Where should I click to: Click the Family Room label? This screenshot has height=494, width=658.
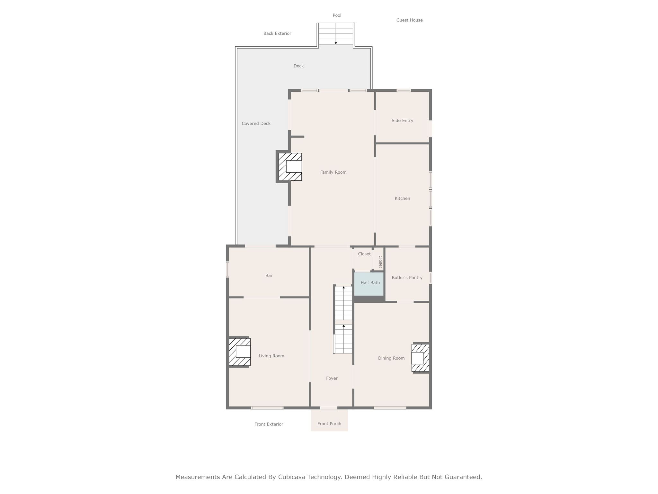click(x=333, y=172)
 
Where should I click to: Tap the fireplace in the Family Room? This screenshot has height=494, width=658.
click(x=290, y=167)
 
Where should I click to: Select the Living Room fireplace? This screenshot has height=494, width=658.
click(x=239, y=352)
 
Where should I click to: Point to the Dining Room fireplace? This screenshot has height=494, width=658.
click(x=420, y=358)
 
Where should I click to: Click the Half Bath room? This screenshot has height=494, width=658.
click(x=369, y=284)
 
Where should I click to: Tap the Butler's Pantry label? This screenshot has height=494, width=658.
click(x=407, y=278)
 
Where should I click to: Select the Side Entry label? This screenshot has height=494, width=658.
click(x=402, y=121)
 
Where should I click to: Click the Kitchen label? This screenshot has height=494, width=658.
click(x=402, y=198)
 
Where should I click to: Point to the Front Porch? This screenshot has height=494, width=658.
click(x=329, y=420)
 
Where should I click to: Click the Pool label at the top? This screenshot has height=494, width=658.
click(x=337, y=15)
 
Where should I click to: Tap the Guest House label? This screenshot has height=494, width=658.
click(x=409, y=20)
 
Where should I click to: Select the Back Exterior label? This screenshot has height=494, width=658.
click(x=277, y=33)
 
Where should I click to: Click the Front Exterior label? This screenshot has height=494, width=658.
click(x=269, y=424)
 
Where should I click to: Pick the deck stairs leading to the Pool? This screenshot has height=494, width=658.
click(x=336, y=34)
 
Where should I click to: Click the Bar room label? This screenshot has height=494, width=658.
click(x=269, y=276)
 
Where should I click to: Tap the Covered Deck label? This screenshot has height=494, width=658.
click(x=256, y=123)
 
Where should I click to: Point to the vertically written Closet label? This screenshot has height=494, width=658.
click(x=380, y=262)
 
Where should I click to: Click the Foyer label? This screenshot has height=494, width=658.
click(x=332, y=378)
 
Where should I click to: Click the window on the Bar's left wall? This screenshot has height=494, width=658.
click(x=227, y=269)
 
